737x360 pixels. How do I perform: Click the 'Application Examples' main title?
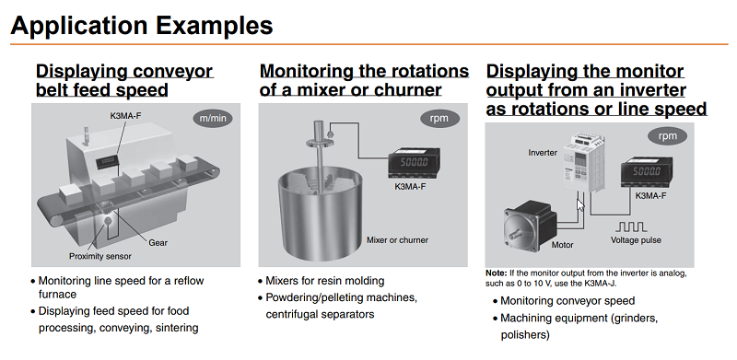click(x=142, y=26)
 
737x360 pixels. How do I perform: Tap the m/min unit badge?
click(x=213, y=118)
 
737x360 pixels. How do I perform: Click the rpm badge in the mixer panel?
click(x=439, y=119)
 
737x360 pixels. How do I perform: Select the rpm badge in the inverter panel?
click(x=667, y=136)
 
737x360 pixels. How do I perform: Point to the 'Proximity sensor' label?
click(x=100, y=256)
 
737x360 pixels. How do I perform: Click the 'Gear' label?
click(x=158, y=243)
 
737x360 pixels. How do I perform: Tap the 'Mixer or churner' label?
click(x=397, y=240)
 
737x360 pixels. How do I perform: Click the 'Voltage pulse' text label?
click(x=636, y=240)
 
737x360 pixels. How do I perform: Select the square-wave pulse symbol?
click(x=631, y=226)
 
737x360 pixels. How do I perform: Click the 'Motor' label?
click(x=562, y=245)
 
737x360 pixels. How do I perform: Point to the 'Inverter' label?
click(x=543, y=153)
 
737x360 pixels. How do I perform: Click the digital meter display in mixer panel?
click(x=414, y=163)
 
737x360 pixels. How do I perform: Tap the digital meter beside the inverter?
click(x=647, y=172)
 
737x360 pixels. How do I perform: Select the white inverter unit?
click(x=584, y=163)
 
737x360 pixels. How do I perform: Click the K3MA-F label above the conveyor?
click(x=125, y=115)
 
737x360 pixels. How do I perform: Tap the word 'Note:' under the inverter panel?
click(x=497, y=273)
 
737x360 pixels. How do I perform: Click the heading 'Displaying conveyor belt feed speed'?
click(x=124, y=80)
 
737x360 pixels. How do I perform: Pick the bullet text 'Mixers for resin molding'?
click(x=325, y=281)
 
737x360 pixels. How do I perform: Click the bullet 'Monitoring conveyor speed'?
click(x=567, y=301)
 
